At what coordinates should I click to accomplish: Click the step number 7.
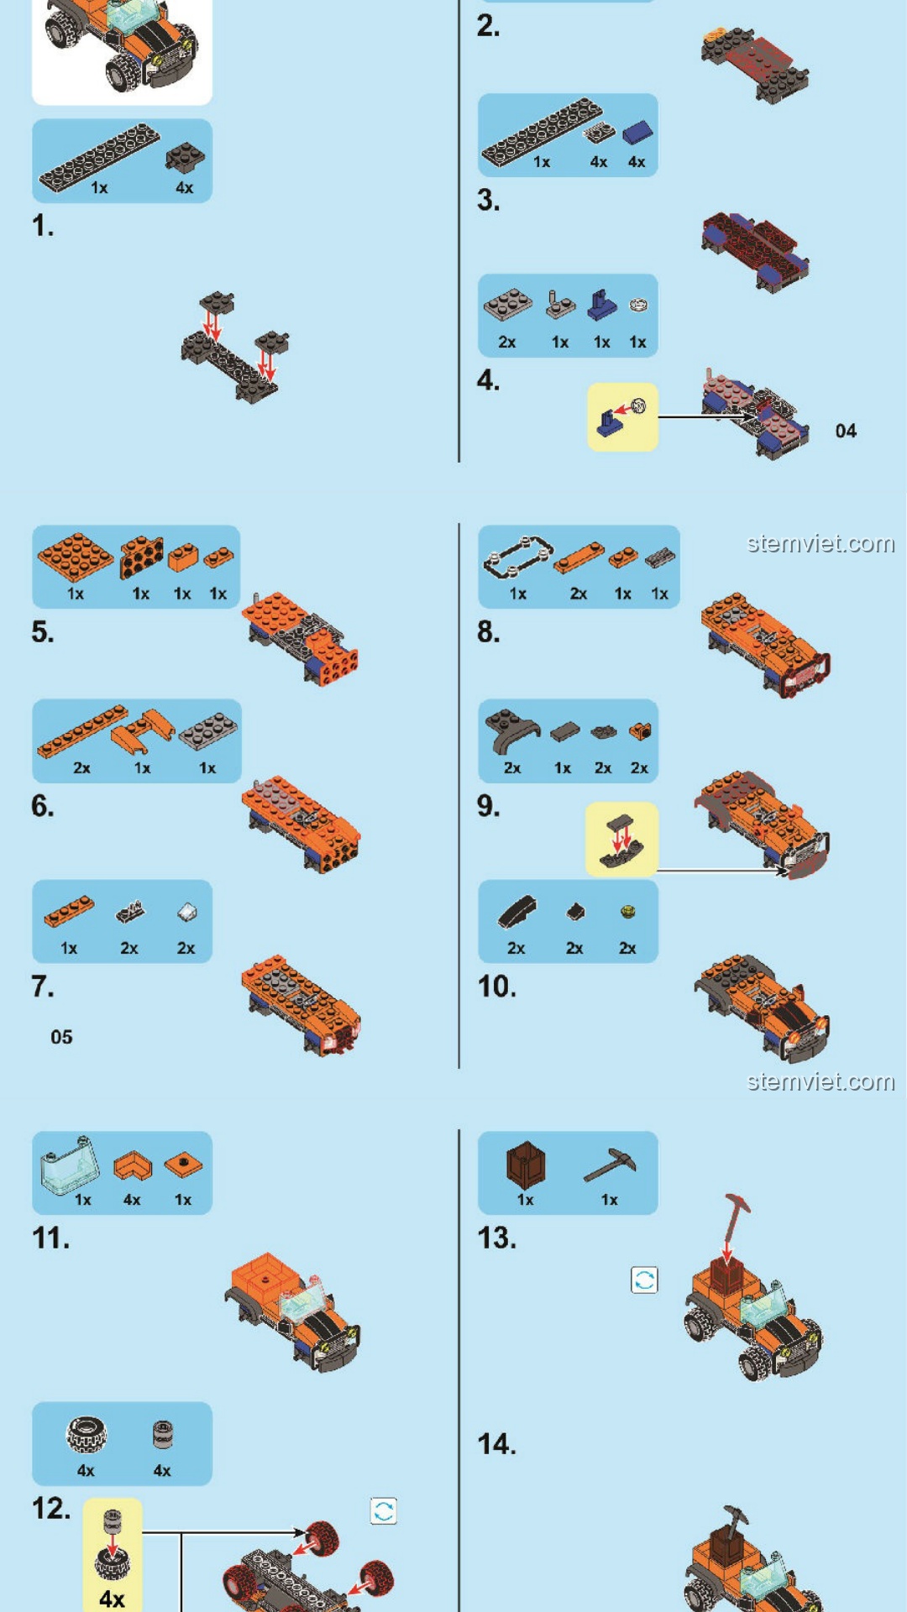[x=42, y=986]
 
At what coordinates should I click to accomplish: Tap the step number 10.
[x=496, y=986]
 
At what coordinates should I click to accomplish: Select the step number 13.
[x=496, y=1238]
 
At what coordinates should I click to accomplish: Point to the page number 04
[x=846, y=431]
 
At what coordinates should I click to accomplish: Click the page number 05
[x=61, y=1037]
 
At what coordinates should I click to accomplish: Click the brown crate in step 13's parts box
[x=526, y=1164]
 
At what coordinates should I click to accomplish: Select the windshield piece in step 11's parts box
[x=70, y=1165]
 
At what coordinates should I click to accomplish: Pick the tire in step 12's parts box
[x=87, y=1434]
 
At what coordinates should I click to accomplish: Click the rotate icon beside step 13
[x=644, y=1280]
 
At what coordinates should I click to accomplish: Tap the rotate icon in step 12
[x=384, y=1511]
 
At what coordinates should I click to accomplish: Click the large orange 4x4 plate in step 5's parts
[x=75, y=555]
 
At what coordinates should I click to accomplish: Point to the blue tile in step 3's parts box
[x=637, y=132]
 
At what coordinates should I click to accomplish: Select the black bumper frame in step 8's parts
[x=518, y=557]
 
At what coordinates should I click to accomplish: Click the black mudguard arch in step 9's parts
[x=510, y=730]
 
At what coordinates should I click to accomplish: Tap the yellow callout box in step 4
[x=622, y=417]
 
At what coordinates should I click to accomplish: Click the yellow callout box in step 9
[x=621, y=840]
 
